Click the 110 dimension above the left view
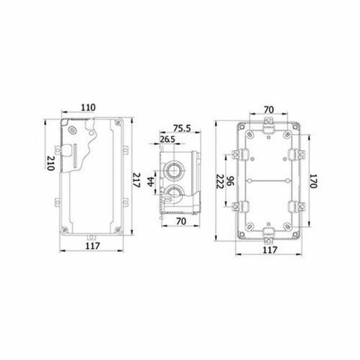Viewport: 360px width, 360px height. [x=88, y=108]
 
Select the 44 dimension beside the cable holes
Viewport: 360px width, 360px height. [x=150, y=181]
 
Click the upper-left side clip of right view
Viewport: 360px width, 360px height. [x=241, y=154]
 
